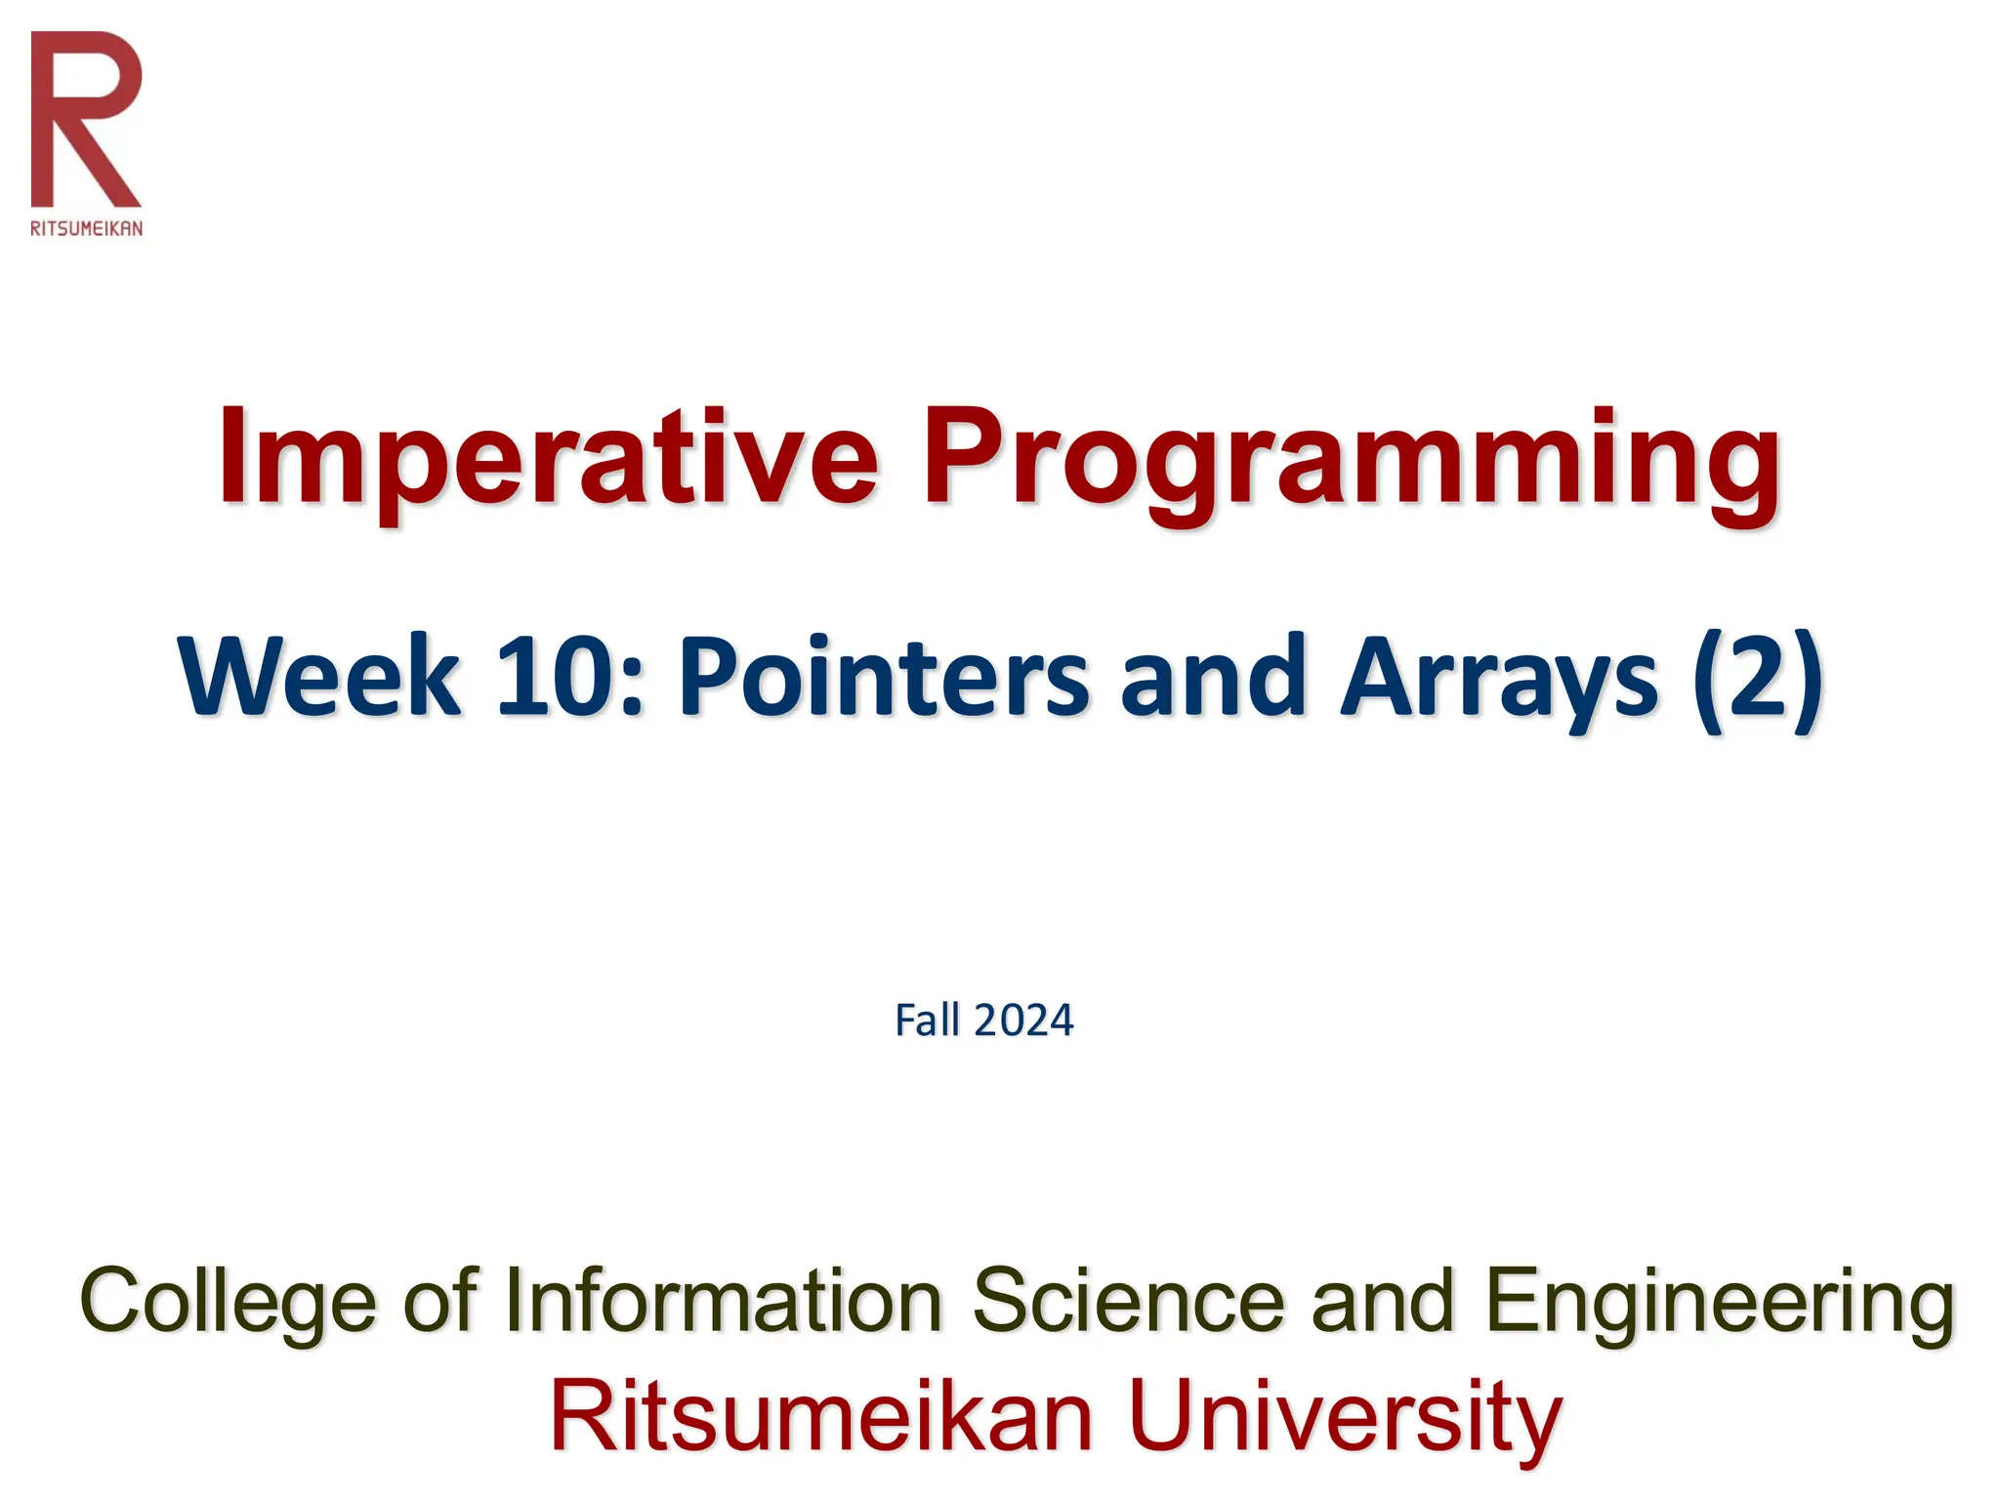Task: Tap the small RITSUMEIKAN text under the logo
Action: click(86, 229)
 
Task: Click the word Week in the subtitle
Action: click(318, 678)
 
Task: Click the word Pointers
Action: click(884, 678)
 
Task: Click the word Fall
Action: click(928, 1021)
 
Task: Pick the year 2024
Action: click(1023, 1021)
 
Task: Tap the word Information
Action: click(724, 1301)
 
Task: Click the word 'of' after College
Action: click(440, 1301)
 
